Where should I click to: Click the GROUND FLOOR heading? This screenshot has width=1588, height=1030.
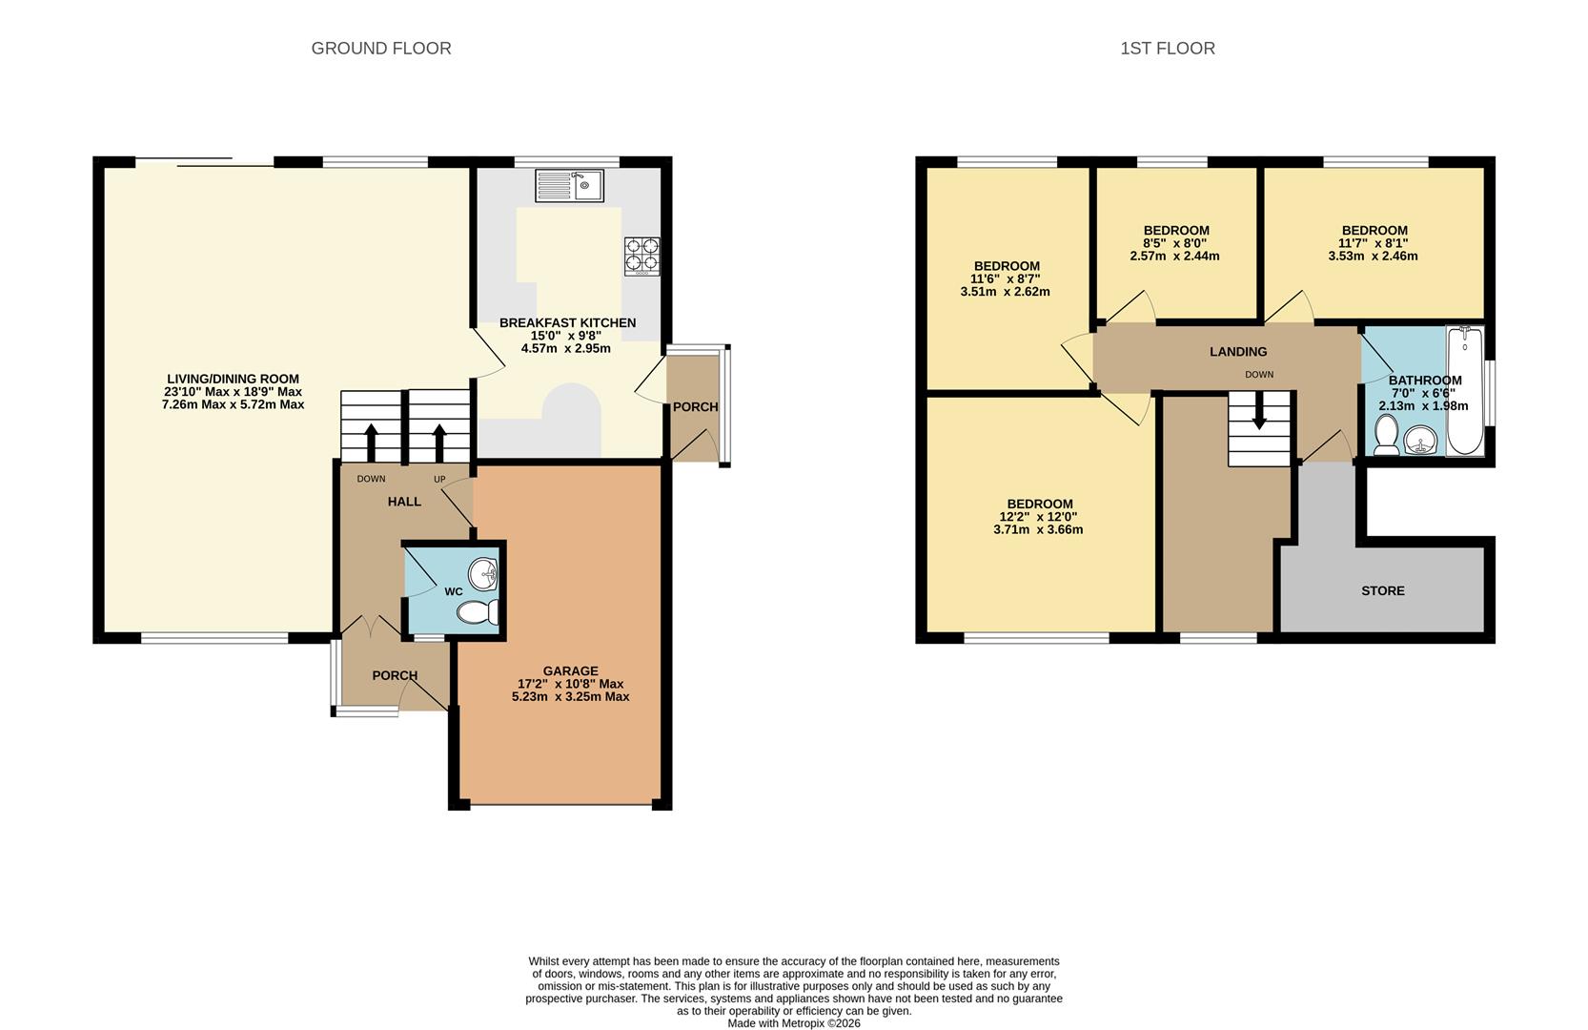pos(380,49)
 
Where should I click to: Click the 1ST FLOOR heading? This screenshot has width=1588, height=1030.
pos(1167,49)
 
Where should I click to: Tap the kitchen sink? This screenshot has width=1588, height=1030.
pos(569,186)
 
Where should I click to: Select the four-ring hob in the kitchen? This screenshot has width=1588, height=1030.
pos(642,257)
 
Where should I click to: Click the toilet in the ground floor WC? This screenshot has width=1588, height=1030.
pos(478,612)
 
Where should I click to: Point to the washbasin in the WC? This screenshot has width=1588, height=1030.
pos(483,573)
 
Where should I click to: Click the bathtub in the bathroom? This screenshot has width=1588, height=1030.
pos(1465,390)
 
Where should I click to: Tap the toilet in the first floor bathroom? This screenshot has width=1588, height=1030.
pos(1386,434)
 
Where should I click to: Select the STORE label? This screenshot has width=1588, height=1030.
pos(1382,591)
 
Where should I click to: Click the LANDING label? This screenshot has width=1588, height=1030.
pos(1238,352)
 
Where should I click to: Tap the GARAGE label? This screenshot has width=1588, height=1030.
pos(571,671)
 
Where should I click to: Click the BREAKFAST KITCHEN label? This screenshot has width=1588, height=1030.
pos(567,322)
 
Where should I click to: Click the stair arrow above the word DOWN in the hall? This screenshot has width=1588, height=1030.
pos(371,443)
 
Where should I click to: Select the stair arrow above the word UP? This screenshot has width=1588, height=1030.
pos(439,443)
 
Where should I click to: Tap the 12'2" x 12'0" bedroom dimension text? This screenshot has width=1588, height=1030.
pos(1039,517)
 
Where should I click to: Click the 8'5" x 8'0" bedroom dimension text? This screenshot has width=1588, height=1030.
pos(1174,243)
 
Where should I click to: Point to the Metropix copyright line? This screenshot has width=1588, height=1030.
pos(794,1023)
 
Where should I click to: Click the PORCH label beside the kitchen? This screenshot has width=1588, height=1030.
pos(695,407)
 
